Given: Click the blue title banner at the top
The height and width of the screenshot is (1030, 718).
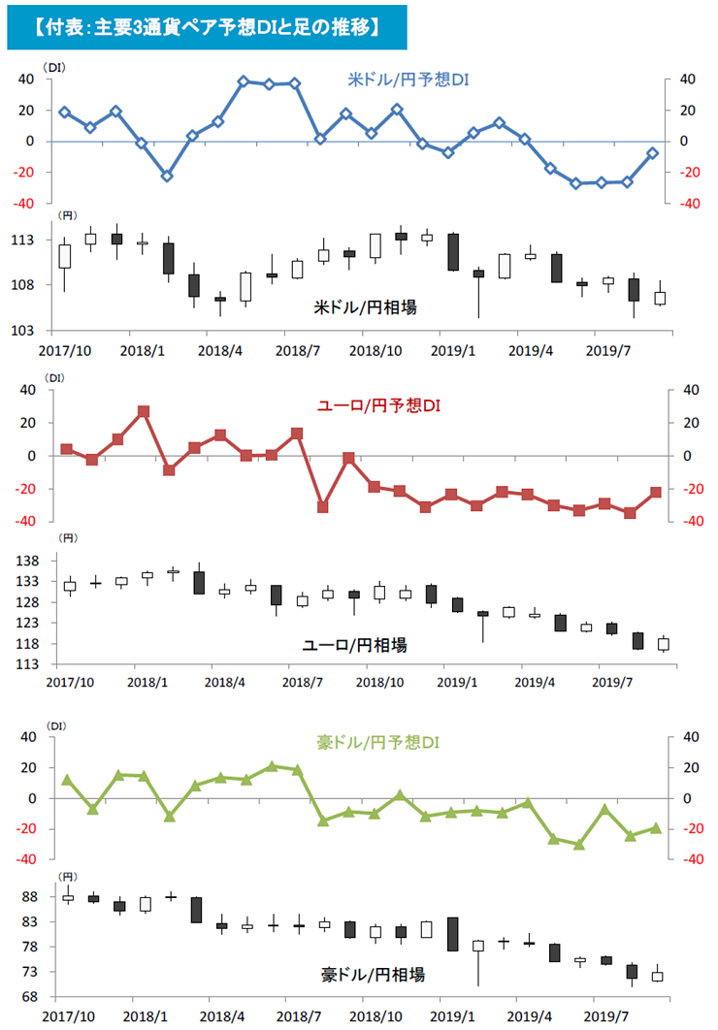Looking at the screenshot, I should point(205,26).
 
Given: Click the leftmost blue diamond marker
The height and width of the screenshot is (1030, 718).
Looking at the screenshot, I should point(65,113).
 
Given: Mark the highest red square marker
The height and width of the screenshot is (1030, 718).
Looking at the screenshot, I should point(143,411).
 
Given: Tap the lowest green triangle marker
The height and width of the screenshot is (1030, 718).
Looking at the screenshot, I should point(579,844).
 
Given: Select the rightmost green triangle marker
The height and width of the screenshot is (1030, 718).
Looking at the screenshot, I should point(656,827).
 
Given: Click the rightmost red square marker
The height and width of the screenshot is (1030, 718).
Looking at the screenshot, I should point(656,493).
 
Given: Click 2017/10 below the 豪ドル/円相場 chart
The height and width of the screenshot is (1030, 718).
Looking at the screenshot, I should point(67,1014).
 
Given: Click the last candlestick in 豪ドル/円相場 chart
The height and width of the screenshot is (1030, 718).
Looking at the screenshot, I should point(657,975).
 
